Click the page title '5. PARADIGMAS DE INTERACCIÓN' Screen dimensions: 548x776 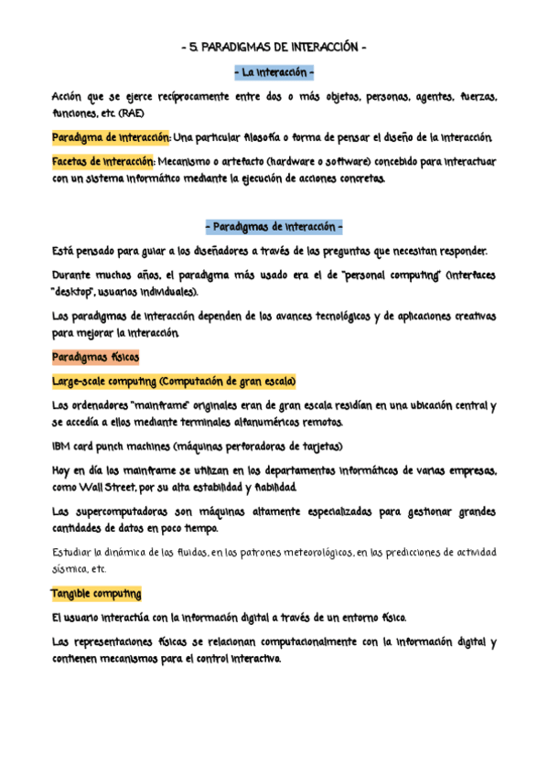click(274, 48)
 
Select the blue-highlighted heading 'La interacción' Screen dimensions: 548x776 click(274, 71)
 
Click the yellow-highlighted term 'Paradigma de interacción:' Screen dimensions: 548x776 click(110, 137)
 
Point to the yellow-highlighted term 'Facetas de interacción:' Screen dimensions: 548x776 click(103, 162)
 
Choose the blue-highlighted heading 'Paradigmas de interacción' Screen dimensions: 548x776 click(274, 226)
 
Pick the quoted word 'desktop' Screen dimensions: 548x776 click(75, 292)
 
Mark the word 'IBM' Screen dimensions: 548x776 click(62, 447)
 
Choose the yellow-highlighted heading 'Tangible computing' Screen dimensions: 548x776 click(96, 593)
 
